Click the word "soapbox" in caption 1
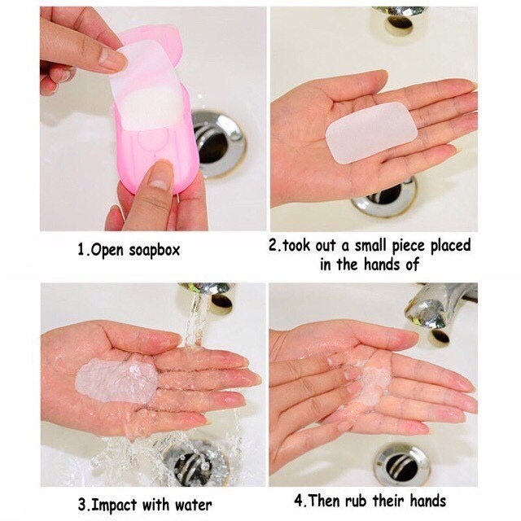(x=154, y=250)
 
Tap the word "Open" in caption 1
(x=107, y=251)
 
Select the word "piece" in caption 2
(x=409, y=247)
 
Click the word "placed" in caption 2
(x=450, y=246)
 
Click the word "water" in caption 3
(x=193, y=505)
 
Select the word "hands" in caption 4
(x=427, y=501)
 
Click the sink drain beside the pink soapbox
(x=217, y=143)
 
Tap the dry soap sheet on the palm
(x=371, y=133)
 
